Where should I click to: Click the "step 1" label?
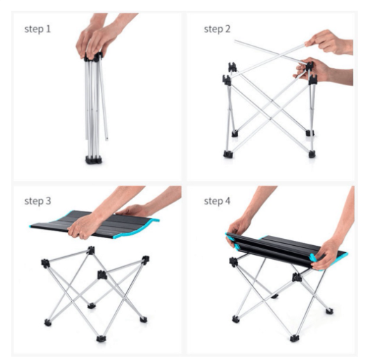tap(38, 29)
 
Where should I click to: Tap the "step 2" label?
tap(217, 29)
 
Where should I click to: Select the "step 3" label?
tap(38, 201)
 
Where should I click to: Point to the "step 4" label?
tap(217, 201)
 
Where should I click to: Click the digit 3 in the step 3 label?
tap(48, 201)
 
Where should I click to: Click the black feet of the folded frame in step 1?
tap(94, 160)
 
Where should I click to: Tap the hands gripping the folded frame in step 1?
tap(98, 39)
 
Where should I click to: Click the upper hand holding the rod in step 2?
tap(328, 42)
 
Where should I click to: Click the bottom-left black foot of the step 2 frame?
tap(228, 154)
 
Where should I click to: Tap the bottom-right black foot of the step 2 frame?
tap(312, 154)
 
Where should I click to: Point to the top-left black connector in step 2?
tap(232, 67)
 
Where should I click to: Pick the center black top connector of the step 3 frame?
tap(102, 275)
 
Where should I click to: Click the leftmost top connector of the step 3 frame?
tap(46, 263)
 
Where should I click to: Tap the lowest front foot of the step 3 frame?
tap(101, 338)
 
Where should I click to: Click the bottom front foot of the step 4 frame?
tap(294, 338)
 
